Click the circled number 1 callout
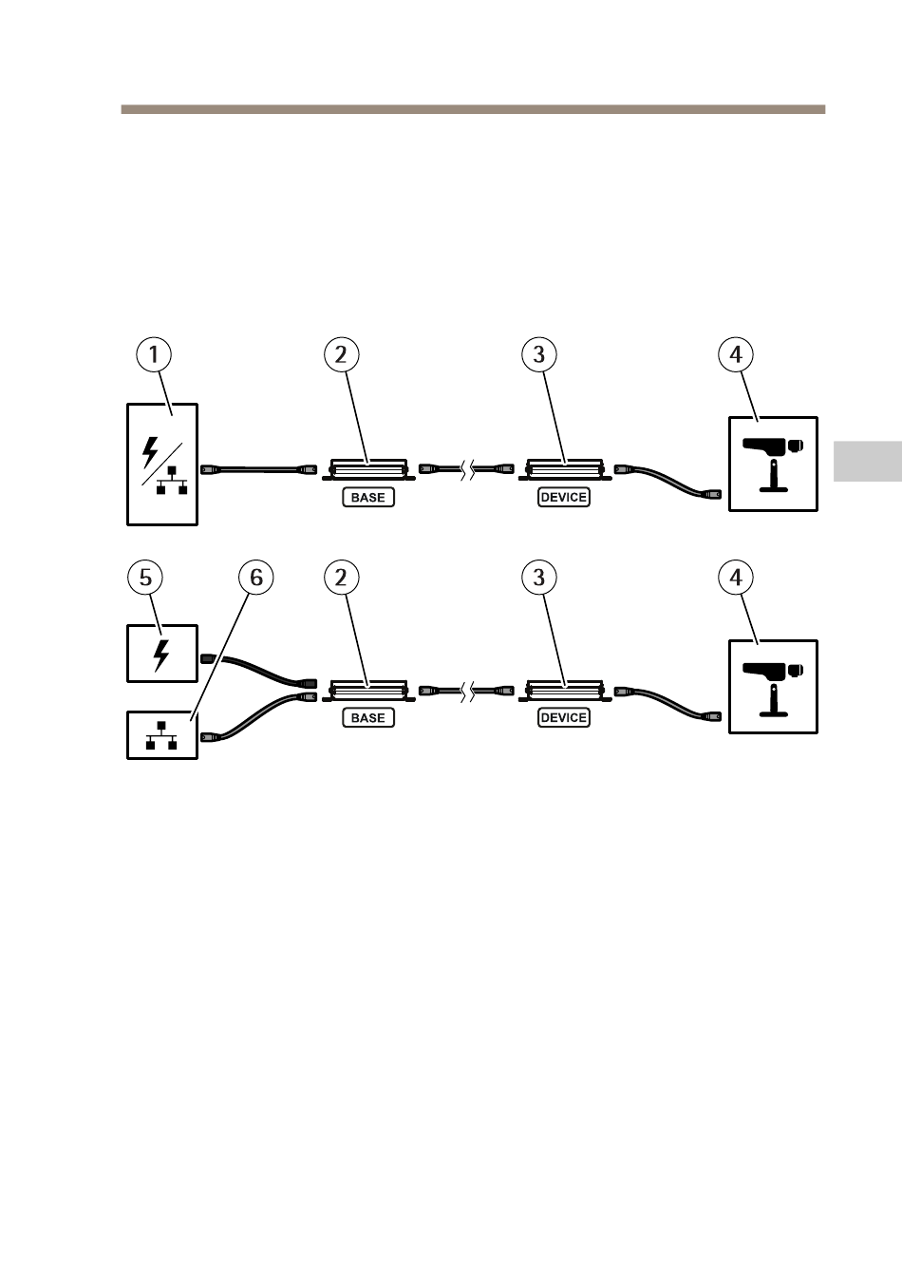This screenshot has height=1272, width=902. point(154,355)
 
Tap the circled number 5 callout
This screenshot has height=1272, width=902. point(145,578)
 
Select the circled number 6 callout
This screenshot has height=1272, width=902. point(255,578)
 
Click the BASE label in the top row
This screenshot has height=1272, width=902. point(368,498)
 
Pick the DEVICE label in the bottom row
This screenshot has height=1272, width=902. point(564,718)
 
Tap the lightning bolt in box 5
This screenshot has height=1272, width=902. point(161,655)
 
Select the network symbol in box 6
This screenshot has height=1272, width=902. point(161,735)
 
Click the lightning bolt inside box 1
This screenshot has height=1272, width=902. point(150,452)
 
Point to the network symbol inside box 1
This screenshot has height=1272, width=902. point(172,481)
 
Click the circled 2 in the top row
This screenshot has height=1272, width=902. point(342,355)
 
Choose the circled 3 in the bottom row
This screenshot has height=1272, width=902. point(539,578)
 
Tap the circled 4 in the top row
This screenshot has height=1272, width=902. point(736,355)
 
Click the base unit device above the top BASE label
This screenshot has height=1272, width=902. point(368,469)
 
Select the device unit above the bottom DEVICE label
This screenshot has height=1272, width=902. point(564,691)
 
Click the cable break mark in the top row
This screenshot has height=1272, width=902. point(467,469)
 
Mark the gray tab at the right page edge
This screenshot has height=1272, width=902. point(868,461)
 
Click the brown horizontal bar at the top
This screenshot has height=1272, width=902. point(473,109)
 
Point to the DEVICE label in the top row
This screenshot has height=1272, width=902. point(564,498)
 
